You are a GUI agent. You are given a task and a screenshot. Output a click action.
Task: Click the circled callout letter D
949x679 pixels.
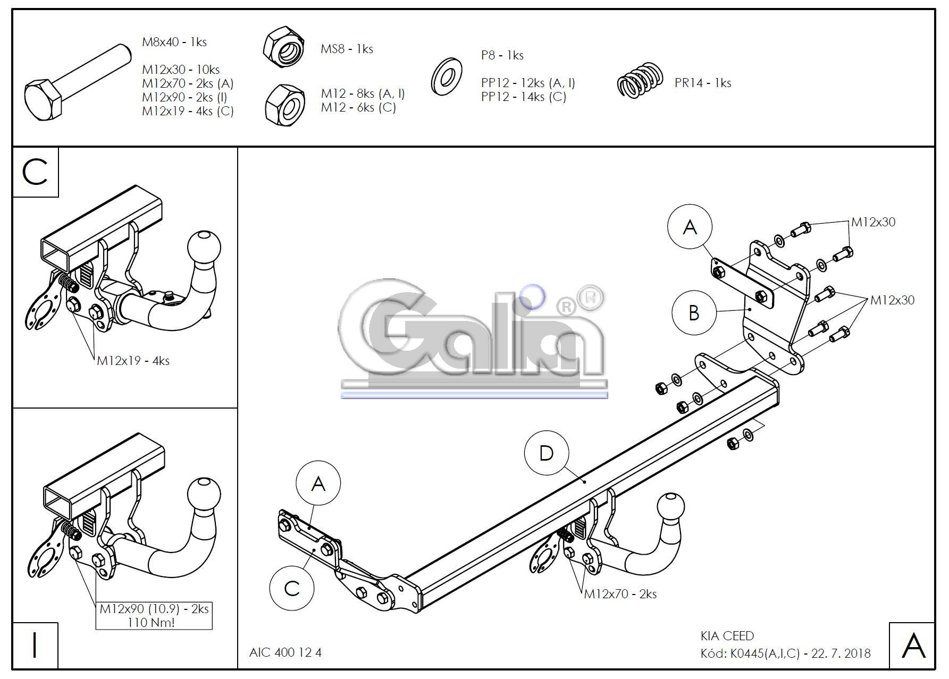(546, 453)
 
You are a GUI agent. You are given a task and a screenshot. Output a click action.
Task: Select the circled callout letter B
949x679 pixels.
(693, 312)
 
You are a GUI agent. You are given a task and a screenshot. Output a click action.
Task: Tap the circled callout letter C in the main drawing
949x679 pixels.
(292, 589)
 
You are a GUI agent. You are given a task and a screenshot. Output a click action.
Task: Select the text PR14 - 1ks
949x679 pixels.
(702, 83)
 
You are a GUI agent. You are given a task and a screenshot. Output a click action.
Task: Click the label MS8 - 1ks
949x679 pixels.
(347, 49)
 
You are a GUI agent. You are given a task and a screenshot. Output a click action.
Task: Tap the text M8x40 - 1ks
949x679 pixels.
(174, 42)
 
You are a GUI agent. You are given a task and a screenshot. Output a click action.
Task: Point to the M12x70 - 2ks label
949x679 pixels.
(620, 594)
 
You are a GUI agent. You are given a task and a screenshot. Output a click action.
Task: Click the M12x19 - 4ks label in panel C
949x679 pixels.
(133, 361)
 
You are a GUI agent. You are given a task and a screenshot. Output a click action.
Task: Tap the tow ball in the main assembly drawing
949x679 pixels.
(670, 507)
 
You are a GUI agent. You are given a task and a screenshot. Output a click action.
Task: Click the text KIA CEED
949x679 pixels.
(727, 636)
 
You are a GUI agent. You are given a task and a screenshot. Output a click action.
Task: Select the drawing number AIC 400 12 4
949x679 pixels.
(285, 652)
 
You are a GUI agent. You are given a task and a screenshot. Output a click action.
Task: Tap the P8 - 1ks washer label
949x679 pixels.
(502, 55)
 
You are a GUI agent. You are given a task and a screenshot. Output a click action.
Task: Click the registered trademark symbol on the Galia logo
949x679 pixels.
(590, 299)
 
